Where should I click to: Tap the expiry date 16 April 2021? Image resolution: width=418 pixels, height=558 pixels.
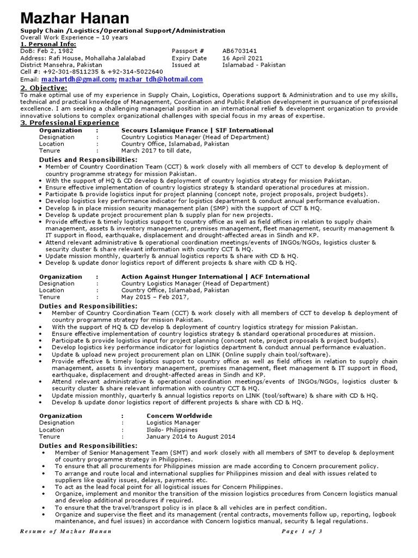[243, 58]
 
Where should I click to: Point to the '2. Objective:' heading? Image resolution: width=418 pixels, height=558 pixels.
[44, 88]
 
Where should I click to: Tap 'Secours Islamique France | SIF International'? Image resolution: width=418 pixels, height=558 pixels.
[197, 131]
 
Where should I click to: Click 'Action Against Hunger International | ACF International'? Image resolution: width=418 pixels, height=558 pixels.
[215, 277]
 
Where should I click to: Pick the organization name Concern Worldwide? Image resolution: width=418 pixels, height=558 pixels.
[179, 416]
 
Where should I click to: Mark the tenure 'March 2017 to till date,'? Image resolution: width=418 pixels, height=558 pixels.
[156, 151]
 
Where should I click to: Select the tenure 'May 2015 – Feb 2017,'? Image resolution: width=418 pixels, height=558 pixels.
[155, 297]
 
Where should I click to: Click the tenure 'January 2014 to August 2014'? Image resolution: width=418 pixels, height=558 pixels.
[190, 436]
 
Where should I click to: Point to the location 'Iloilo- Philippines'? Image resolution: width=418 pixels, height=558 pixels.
[172, 429]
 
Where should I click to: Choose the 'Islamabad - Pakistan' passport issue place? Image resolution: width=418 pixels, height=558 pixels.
[254, 65]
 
